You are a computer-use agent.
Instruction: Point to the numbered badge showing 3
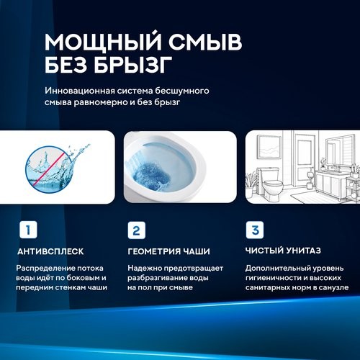[254, 230]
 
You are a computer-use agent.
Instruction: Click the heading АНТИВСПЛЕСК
[50, 252]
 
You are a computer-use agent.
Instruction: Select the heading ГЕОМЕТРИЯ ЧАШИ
[168, 252]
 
